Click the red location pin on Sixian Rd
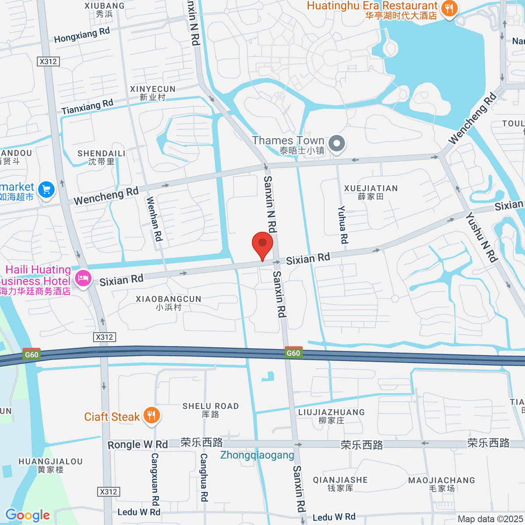coord(262,244)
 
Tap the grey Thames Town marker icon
coord(337,143)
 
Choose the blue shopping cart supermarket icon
coord(46,190)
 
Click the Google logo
coord(28,515)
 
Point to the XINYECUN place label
coord(153,93)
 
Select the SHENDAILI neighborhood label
coord(101,157)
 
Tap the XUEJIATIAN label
coord(371,192)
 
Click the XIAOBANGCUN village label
coord(168,303)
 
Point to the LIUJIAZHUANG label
coord(331,416)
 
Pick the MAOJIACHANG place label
coord(441,484)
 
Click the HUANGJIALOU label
coord(50,465)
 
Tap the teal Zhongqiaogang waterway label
coord(257,455)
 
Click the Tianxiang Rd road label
coord(87,107)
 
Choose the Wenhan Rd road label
coord(154,219)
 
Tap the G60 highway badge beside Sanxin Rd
coord(293,353)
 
